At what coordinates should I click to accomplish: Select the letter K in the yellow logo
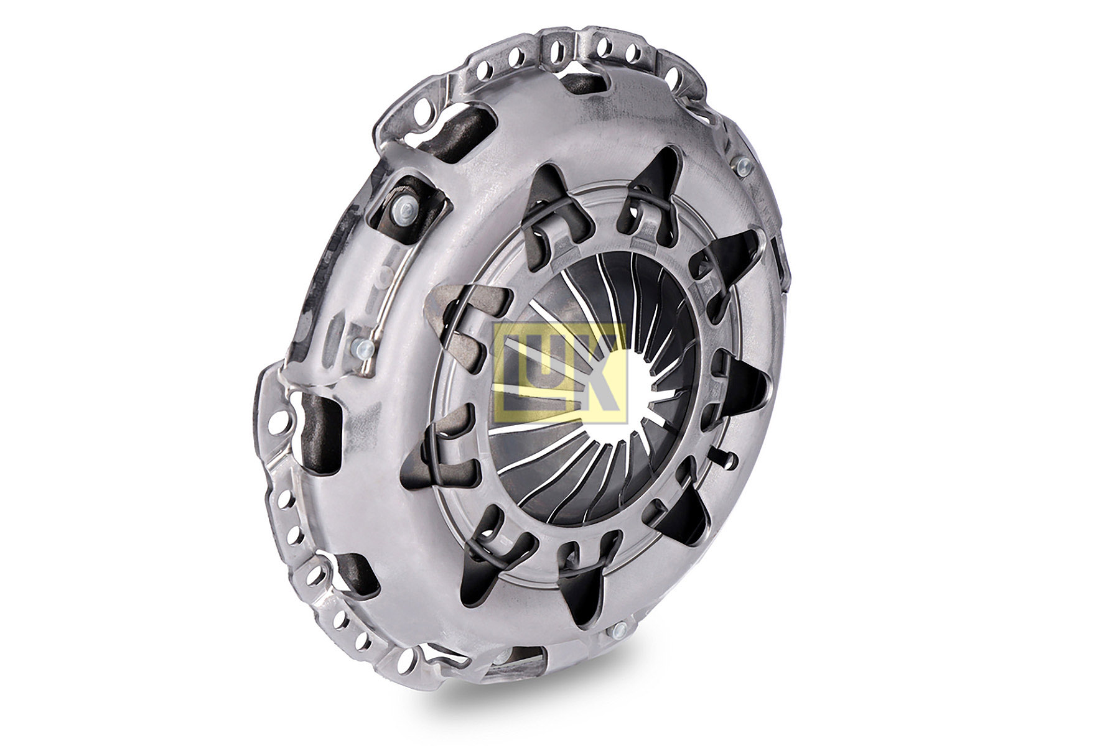(x=597, y=373)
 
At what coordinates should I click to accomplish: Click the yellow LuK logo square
(x=559, y=373)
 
